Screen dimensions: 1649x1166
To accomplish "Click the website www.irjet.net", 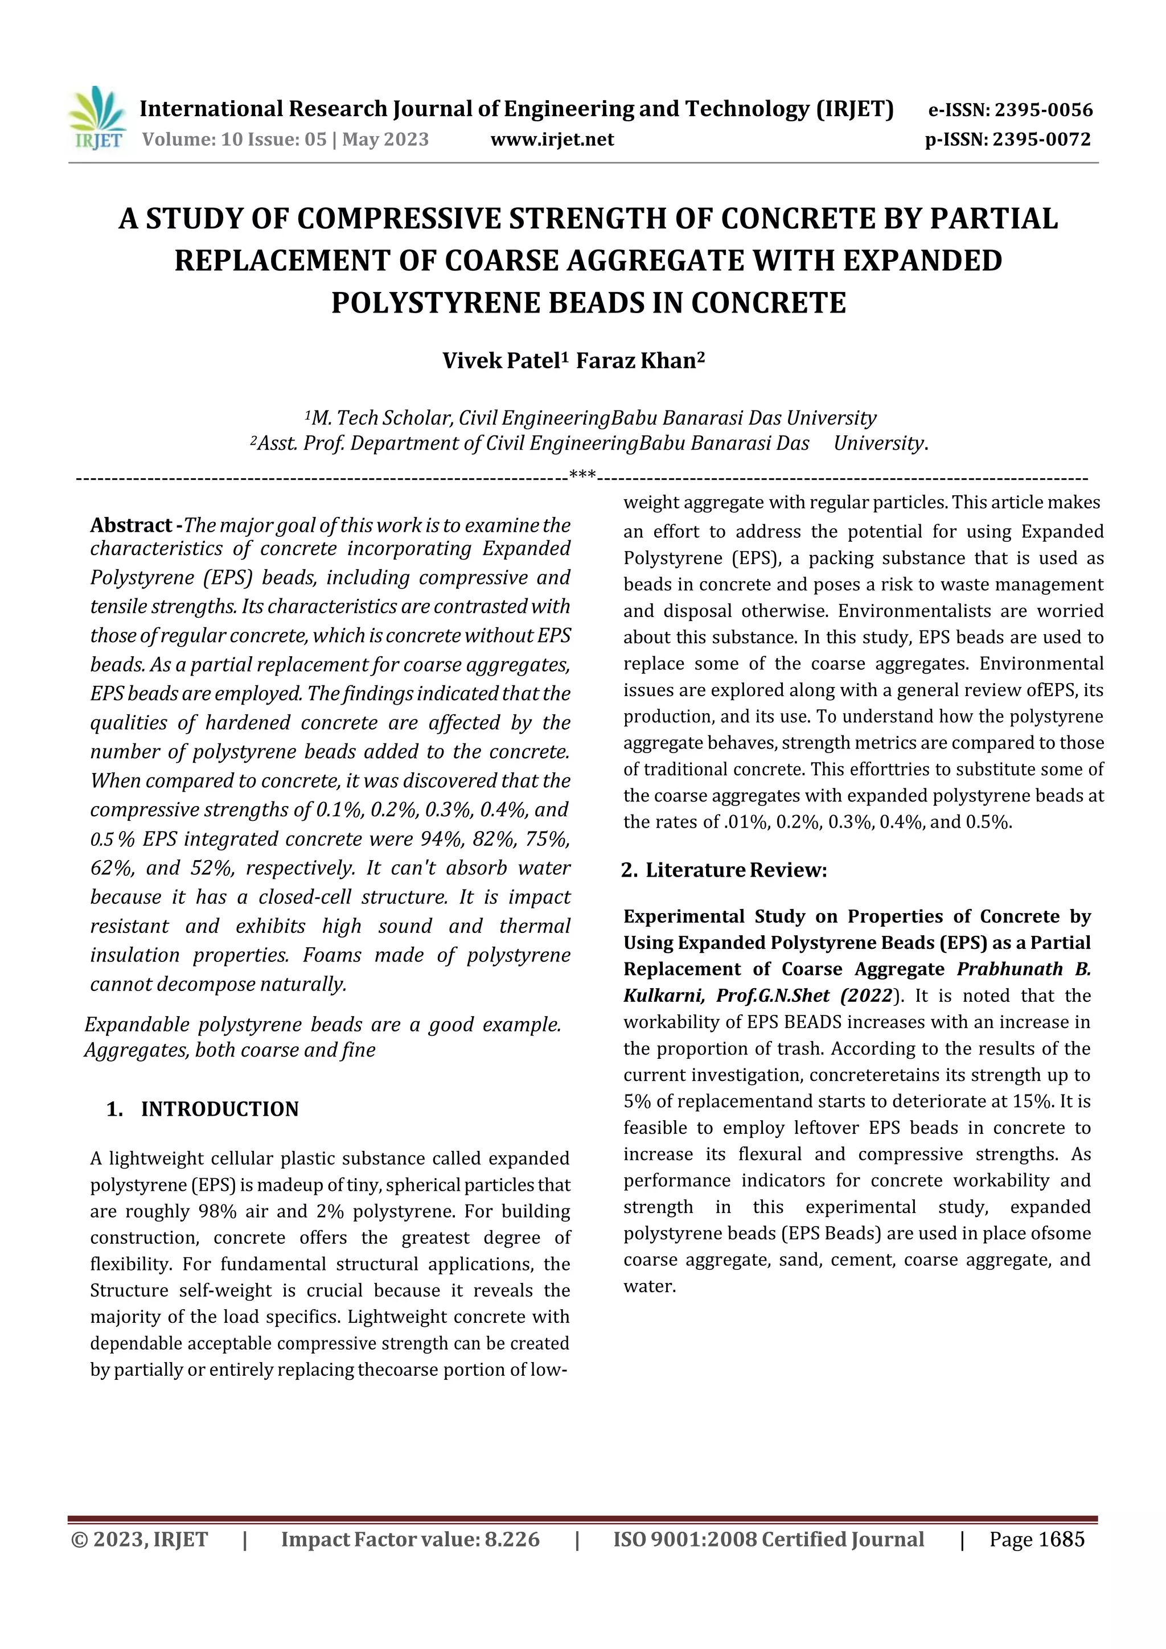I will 552,139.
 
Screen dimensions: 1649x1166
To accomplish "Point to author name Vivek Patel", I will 501,360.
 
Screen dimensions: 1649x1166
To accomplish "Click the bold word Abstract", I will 131,526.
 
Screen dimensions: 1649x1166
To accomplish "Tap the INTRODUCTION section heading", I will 219,1109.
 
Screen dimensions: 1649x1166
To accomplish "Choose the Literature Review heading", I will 736,870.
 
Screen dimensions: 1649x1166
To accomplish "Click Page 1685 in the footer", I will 1036,1539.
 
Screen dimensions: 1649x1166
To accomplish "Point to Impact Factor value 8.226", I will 409,1539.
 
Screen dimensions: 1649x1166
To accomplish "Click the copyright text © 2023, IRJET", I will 139,1539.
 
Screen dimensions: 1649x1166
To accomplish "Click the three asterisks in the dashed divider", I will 582,474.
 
